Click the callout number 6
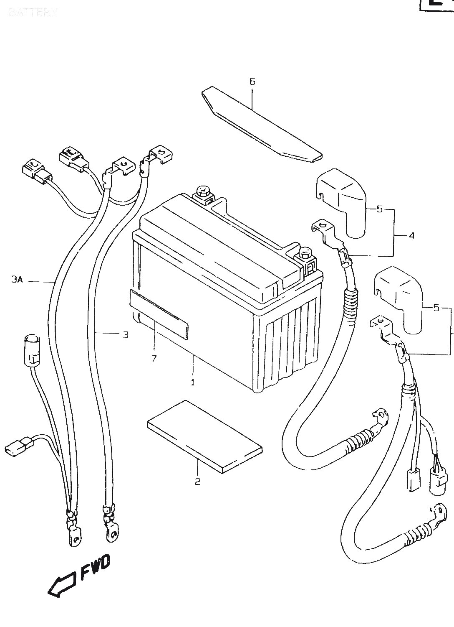(252, 82)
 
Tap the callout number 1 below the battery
(193, 382)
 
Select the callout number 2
(197, 481)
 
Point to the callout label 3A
(17, 280)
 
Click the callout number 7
(154, 358)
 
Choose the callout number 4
(411, 235)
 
